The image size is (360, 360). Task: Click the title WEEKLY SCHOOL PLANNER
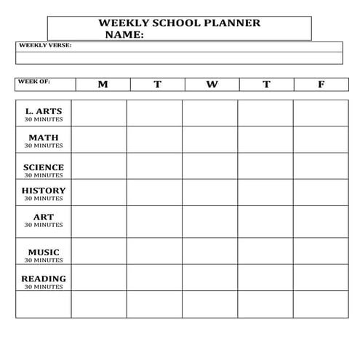[x=179, y=23]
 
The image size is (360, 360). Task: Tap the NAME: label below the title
[x=124, y=34]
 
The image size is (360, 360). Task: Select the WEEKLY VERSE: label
[x=45, y=45]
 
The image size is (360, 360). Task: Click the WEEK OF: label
[x=33, y=81]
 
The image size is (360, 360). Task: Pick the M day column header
[x=103, y=84]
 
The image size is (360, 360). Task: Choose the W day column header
[x=212, y=84]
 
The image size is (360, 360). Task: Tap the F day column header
[x=321, y=84]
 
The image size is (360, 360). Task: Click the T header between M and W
[x=157, y=84]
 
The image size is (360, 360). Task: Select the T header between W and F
[x=266, y=84]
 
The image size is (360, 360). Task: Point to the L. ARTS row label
[x=44, y=111]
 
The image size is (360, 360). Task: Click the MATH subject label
[x=44, y=137]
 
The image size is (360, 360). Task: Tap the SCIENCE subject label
[x=44, y=167]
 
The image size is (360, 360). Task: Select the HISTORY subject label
[x=44, y=191]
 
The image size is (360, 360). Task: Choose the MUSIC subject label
[x=44, y=252]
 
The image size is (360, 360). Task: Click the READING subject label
[x=44, y=279]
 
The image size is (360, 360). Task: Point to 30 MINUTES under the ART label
[x=44, y=225]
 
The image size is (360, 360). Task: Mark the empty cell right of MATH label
[x=99, y=140]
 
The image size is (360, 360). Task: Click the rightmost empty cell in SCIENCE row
[x=321, y=166]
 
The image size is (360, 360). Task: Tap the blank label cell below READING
[x=44, y=304]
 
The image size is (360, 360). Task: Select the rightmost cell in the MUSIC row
[x=321, y=251]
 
